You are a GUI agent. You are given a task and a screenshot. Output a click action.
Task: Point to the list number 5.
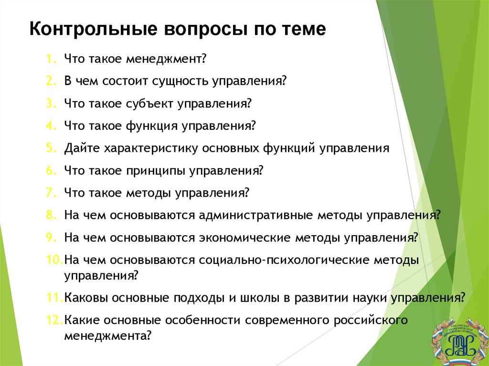click(x=50, y=148)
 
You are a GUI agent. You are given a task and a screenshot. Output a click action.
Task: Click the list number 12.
click(x=54, y=320)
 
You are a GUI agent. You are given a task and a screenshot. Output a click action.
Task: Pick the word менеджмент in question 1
click(x=166, y=59)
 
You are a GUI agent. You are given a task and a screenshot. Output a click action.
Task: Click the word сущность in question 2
click(x=179, y=82)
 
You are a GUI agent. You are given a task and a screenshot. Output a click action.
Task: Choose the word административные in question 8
click(x=255, y=215)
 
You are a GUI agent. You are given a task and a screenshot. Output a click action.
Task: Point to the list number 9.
click(x=50, y=237)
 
